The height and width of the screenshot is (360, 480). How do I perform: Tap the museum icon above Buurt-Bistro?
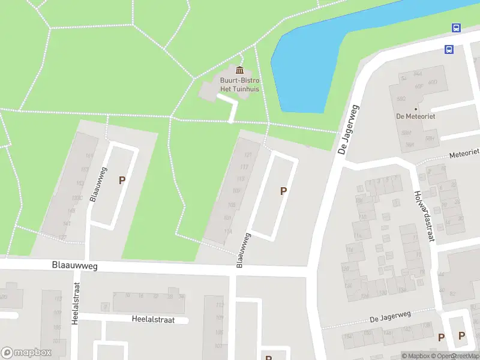(x=240, y=71)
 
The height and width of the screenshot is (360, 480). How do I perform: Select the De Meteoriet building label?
(x=415, y=116)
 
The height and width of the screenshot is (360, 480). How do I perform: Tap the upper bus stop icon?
(x=456, y=28)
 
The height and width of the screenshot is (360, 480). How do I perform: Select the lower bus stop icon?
(x=449, y=49)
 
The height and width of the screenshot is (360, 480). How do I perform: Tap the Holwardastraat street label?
(x=424, y=217)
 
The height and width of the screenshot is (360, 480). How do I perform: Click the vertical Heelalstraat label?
(x=76, y=303)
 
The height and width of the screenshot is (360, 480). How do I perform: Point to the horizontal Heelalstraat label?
(x=153, y=320)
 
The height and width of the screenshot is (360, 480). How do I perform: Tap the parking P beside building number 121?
(x=283, y=191)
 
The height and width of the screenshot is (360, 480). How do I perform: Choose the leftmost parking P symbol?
(x=122, y=180)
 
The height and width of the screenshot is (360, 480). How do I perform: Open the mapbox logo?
(x=26, y=353)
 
